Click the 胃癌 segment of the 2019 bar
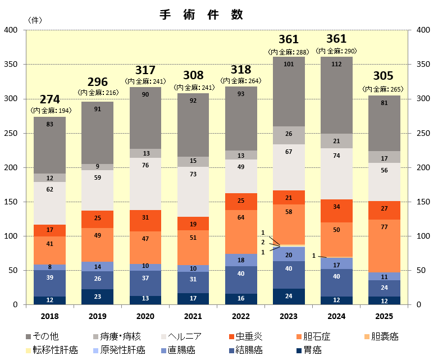98,297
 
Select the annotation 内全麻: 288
288,52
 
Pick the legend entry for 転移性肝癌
53,350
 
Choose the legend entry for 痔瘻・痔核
121,336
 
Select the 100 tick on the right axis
423,236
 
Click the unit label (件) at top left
34,20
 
